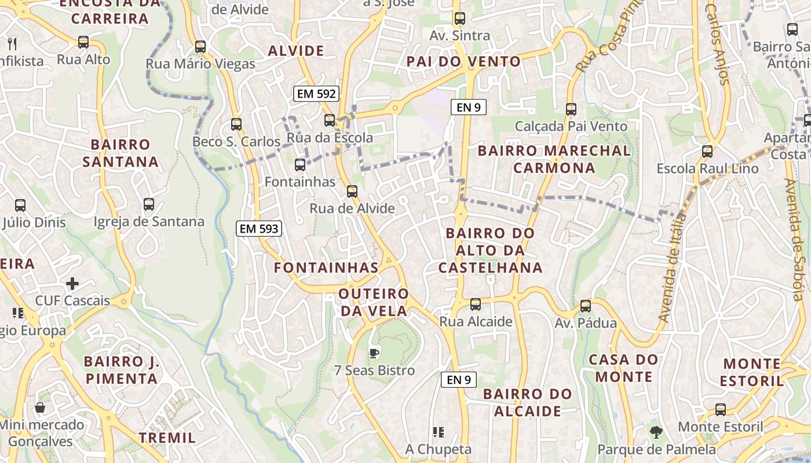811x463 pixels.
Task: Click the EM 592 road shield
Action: (316, 94)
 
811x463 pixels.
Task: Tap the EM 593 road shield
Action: (259, 229)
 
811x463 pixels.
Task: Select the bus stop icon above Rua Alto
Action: (83, 42)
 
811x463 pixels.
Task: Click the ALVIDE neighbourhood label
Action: (296, 51)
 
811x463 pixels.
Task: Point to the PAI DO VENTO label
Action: (463, 61)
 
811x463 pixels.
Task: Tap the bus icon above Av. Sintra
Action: (459, 19)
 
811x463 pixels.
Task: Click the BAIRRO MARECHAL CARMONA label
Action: (554, 159)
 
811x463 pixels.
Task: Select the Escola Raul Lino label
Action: (707, 168)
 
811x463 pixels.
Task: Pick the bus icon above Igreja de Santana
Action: (149, 204)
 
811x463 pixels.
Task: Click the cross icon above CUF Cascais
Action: (72, 284)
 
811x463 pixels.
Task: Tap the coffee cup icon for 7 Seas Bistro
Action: (374, 352)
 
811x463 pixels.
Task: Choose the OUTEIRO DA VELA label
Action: (374, 302)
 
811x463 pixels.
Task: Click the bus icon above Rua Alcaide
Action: (476, 304)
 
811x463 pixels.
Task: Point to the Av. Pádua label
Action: (586, 323)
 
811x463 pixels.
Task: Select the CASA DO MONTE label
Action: (623, 368)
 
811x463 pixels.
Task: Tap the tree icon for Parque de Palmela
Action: (656, 432)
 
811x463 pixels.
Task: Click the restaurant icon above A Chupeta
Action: (439, 432)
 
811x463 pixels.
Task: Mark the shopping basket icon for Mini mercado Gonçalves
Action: (40, 407)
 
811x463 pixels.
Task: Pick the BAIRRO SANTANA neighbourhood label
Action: (120, 153)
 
